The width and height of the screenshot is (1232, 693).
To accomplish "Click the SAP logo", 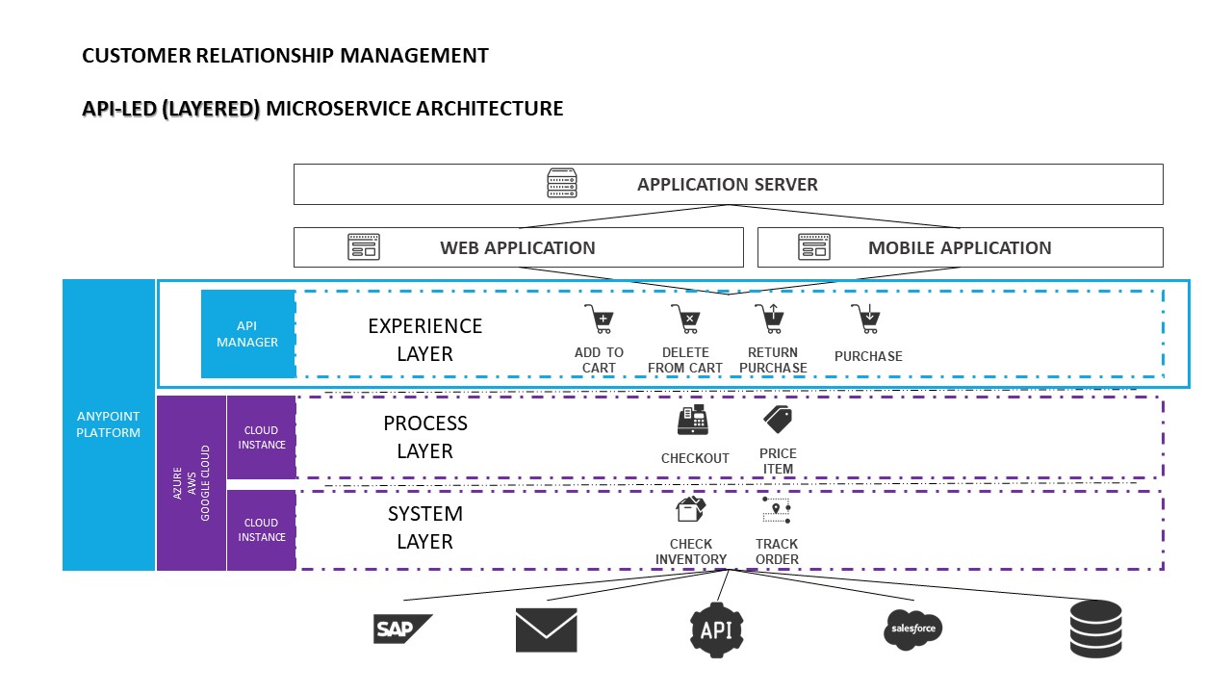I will pyautogui.click(x=402, y=629).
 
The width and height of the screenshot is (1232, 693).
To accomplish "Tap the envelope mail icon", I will pyautogui.click(x=546, y=629).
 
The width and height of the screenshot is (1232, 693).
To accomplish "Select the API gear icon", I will pyautogui.click(x=717, y=629).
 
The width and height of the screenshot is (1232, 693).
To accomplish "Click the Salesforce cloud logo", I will pyautogui.click(x=912, y=629).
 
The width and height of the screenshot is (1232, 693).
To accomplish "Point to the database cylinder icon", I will pyautogui.click(x=1095, y=629).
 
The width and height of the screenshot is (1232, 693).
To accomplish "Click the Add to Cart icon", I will pyautogui.click(x=599, y=319).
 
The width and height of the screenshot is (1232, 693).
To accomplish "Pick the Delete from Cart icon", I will pyautogui.click(x=684, y=319).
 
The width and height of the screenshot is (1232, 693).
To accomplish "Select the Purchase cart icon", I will pyautogui.click(x=865, y=319).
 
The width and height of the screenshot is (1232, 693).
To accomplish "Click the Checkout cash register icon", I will pyautogui.click(x=693, y=421).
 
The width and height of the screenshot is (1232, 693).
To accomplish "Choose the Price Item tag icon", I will pyautogui.click(x=777, y=420).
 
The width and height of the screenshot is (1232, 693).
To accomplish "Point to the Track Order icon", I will pyautogui.click(x=776, y=510).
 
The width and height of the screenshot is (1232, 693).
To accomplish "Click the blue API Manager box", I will pyautogui.click(x=247, y=334).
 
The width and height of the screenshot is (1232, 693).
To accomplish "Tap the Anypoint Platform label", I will pyautogui.click(x=109, y=424).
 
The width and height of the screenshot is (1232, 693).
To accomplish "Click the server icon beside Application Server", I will pyautogui.click(x=562, y=184).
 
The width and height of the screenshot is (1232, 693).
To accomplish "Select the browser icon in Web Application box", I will pyautogui.click(x=364, y=247).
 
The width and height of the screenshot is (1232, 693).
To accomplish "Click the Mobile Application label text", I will pyautogui.click(x=960, y=247).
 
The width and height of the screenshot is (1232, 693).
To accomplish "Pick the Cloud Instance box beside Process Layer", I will pyautogui.click(x=261, y=437).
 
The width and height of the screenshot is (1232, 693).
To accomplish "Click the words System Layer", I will pyautogui.click(x=424, y=527).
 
